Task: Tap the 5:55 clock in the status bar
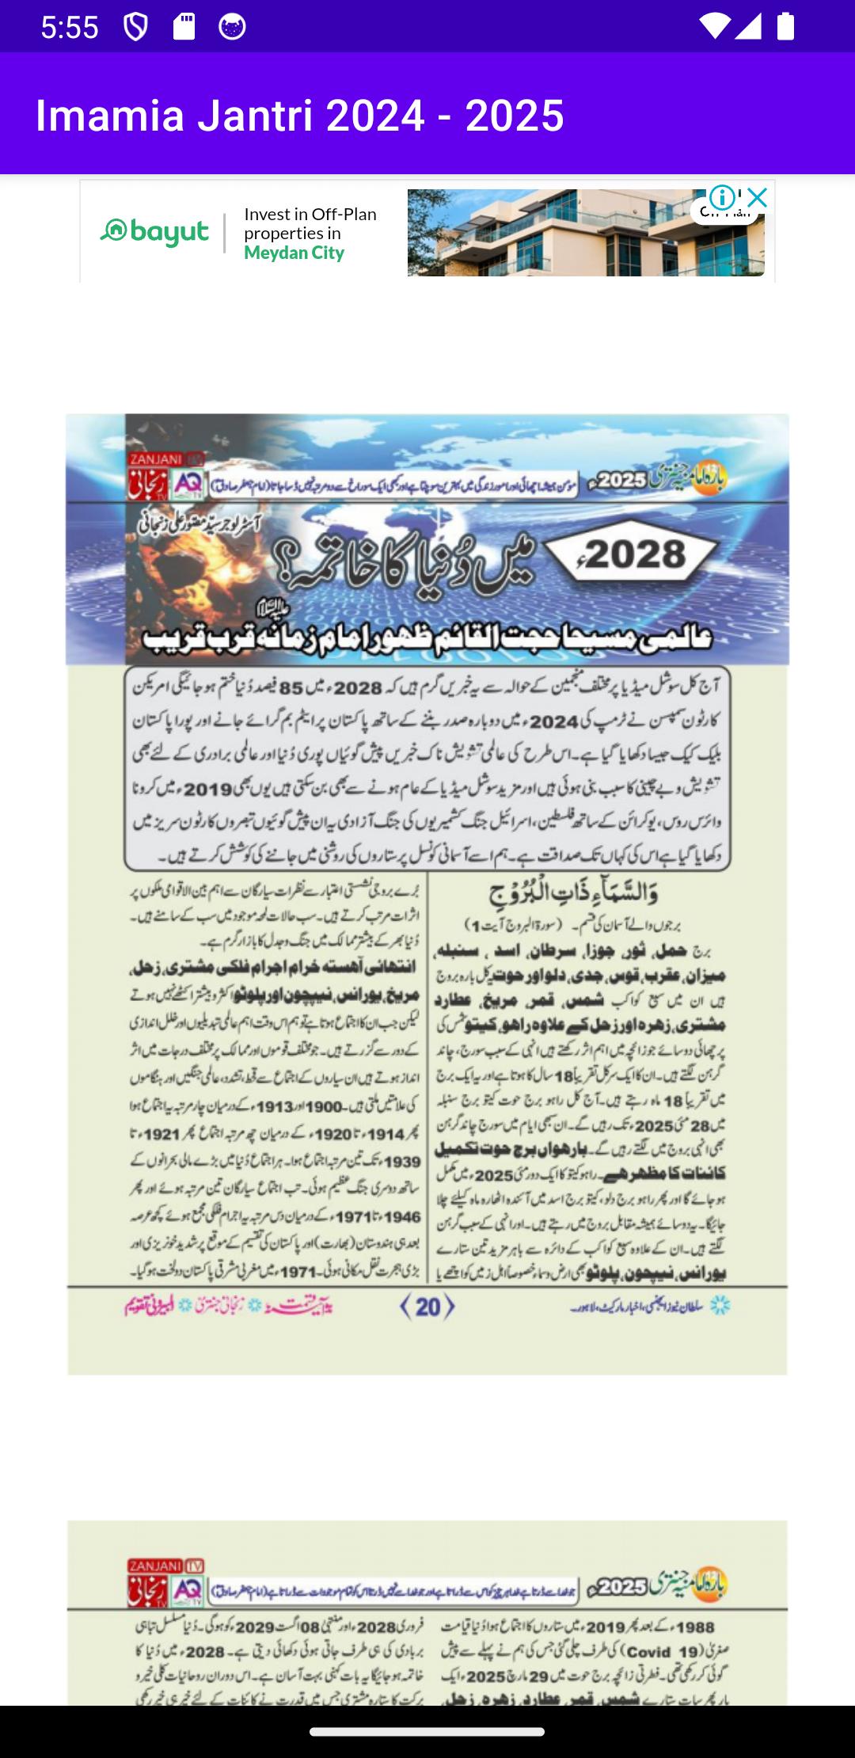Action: [70, 28]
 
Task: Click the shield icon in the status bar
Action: [135, 27]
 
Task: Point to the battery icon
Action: [785, 26]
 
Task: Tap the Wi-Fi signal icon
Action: [714, 26]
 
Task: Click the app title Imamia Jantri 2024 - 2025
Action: [300, 116]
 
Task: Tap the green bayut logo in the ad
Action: [154, 232]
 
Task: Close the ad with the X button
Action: [758, 197]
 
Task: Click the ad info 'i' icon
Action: [722, 197]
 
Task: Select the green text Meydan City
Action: [294, 253]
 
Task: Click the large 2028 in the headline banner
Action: [636, 554]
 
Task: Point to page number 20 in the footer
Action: [427, 1306]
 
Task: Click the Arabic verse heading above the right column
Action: [576, 894]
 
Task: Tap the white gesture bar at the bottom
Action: [427, 1732]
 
